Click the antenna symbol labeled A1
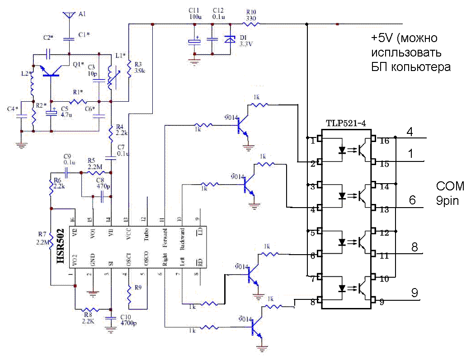tap(69, 15)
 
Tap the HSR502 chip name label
tap(60, 246)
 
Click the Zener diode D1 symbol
tap(231, 40)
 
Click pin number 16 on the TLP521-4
tap(384, 141)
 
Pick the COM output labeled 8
tap(414, 247)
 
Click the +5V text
tap(380, 37)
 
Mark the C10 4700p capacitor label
tap(129, 320)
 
